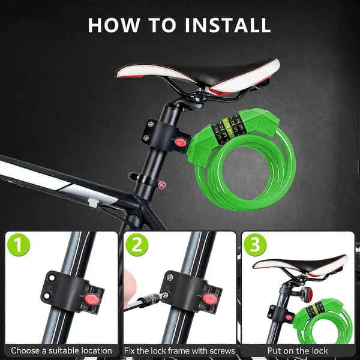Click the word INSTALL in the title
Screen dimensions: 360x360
coord(228,25)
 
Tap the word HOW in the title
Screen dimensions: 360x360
coord(114,25)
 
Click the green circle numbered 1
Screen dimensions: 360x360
coord(19,245)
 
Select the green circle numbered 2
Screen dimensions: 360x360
coord(137,245)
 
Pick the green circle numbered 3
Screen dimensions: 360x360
coord(255,245)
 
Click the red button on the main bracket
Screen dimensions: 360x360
coord(181,142)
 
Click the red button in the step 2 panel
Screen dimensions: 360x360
coord(209,298)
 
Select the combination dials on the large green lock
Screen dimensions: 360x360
coord(227,129)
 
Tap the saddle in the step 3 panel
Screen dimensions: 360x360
coord(301,265)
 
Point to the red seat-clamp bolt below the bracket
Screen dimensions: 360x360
coord(162,184)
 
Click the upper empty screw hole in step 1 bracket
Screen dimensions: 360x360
coord(52,278)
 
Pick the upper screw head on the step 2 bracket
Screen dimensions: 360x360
coord(169,277)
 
